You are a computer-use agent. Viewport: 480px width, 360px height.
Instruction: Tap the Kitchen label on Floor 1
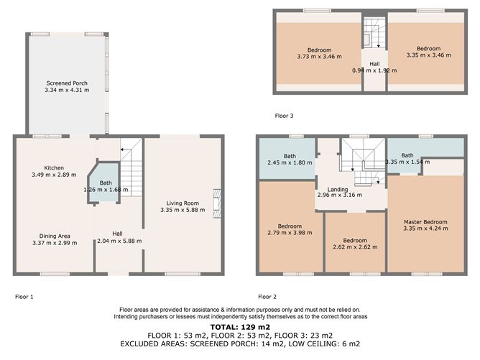click(54, 168)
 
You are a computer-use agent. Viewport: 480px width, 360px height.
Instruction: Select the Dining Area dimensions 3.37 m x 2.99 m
click(54, 243)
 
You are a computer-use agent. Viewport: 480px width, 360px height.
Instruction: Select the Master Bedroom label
click(426, 222)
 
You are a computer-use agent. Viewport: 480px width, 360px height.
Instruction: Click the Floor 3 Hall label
click(374, 64)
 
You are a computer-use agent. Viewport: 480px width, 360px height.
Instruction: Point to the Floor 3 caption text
click(284, 115)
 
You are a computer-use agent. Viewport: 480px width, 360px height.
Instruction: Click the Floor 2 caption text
click(267, 296)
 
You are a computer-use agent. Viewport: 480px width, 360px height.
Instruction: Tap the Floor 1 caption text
click(24, 296)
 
